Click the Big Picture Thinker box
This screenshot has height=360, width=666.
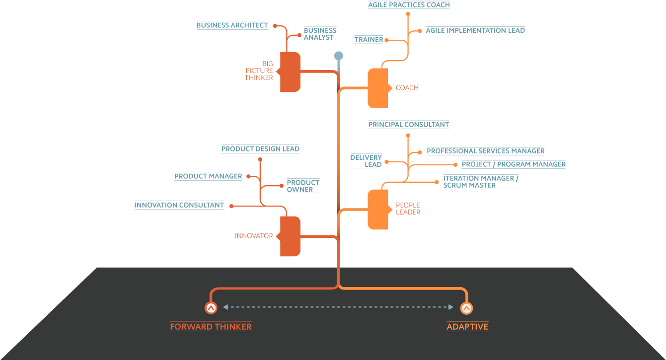click(x=265, y=72)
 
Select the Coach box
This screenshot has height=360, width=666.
click(x=403, y=88)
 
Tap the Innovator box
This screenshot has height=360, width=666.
click(x=265, y=236)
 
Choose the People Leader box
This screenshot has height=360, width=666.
click(x=403, y=209)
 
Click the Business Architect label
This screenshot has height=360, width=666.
click(x=232, y=25)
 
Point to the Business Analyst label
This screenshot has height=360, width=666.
click(x=320, y=34)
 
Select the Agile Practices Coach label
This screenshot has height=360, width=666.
click(x=409, y=5)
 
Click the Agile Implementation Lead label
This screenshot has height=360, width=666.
click(x=475, y=30)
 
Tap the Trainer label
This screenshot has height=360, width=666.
click(x=369, y=40)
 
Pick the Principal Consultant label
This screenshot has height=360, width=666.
click(x=409, y=125)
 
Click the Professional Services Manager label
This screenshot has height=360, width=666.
click(x=486, y=151)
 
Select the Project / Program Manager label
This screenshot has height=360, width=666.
click(x=514, y=164)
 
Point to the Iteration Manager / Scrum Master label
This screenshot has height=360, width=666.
click(x=480, y=182)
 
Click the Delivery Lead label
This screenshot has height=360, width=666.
click(x=366, y=161)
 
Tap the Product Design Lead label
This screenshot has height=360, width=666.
click(x=260, y=149)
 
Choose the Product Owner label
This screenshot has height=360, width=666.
click(x=302, y=186)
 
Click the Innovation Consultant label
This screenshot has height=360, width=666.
click(x=179, y=205)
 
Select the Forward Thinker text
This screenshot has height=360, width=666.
click(x=211, y=327)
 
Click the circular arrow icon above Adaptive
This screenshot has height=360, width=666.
click(x=466, y=308)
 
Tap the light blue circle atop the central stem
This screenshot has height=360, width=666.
click(x=339, y=56)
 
